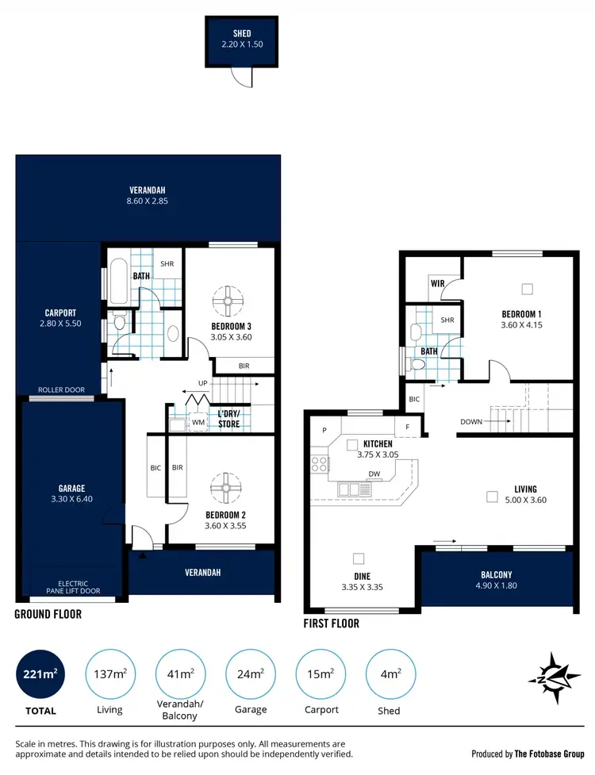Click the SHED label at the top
pyautogui.click(x=242, y=33)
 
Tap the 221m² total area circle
pyautogui.click(x=40, y=674)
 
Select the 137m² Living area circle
pyautogui.click(x=109, y=674)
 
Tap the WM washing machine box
pyautogui.click(x=198, y=424)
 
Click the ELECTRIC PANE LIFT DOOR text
pyautogui.click(x=73, y=588)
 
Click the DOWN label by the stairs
pyautogui.click(x=471, y=422)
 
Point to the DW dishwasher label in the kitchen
pyautogui.click(x=374, y=474)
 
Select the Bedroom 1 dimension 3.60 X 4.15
pyautogui.click(x=521, y=324)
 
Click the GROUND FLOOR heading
pyautogui.click(x=48, y=614)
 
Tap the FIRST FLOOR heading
pyautogui.click(x=332, y=623)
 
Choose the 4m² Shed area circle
pyautogui.click(x=389, y=674)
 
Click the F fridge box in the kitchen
pyautogui.click(x=408, y=426)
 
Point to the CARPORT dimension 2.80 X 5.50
pyautogui.click(x=61, y=324)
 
